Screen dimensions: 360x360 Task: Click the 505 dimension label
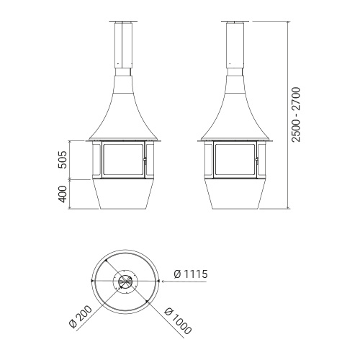(x=63, y=160)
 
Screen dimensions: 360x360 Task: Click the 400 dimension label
(x=63, y=194)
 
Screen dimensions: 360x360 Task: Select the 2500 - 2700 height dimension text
(x=295, y=114)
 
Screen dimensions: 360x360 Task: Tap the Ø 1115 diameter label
(x=191, y=274)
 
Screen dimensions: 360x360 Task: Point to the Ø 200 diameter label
(x=81, y=317)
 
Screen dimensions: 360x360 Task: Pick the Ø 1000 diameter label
(x=178, y=321)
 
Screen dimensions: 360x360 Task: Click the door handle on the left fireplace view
(x=145, y=160)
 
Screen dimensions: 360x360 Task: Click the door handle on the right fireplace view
(x=257, y=160)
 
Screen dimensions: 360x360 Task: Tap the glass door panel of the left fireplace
(x=123, y=160)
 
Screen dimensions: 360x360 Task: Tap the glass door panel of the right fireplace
(x=235, y=160)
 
